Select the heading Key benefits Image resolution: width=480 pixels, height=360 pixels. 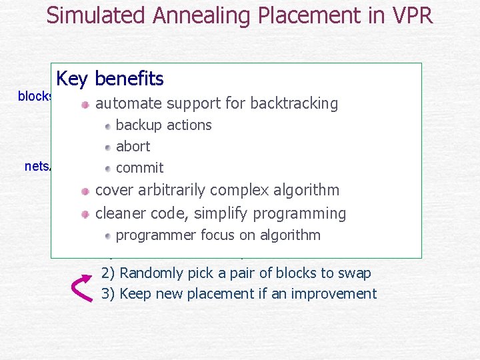pos(110,79)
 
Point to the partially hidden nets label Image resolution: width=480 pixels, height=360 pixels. pos(37,166)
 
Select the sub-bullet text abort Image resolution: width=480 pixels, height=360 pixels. pos(133,146)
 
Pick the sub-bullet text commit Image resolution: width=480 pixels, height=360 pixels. pos(139,167)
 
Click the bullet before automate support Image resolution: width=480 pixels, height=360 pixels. pos(85,105)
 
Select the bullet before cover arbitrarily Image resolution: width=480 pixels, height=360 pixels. pos(85,191)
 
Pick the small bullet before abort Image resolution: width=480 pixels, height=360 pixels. pos(108,147)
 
